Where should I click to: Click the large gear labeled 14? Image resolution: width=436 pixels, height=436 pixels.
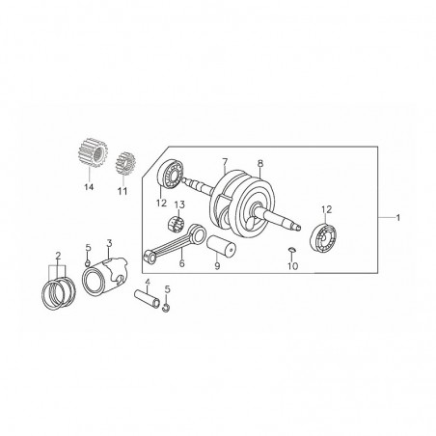coord(93,152)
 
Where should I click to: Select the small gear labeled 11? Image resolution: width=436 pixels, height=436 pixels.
coord(125,164)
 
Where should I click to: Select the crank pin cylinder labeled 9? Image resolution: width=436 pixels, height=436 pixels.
coord(221,247)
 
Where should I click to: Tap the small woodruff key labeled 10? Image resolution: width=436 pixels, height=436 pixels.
coord(291,249)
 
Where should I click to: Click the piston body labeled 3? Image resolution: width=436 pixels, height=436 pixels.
coord(105,275)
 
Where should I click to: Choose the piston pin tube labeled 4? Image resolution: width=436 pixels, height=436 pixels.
coord(147,298)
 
